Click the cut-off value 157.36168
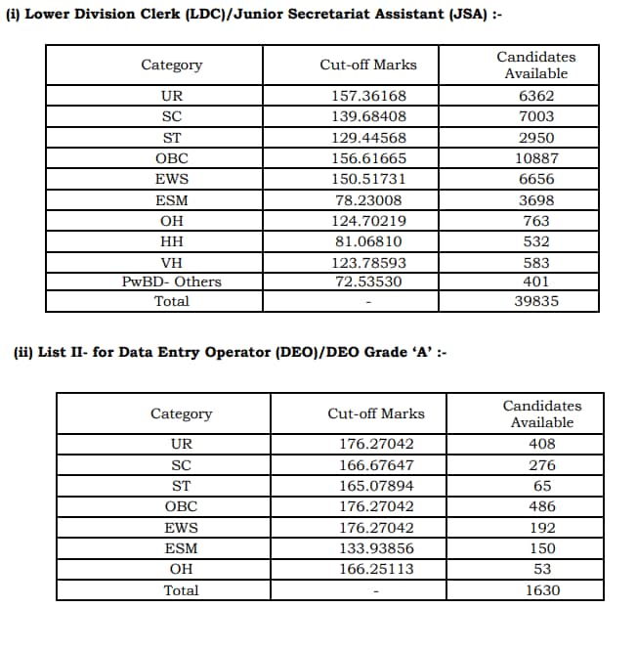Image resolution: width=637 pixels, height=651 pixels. [368, 96]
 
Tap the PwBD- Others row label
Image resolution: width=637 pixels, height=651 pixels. [172, 282]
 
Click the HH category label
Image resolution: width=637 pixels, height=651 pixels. [172, 241]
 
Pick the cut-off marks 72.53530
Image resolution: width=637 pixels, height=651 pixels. [368, 282]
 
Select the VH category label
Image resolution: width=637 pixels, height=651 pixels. [172, 263]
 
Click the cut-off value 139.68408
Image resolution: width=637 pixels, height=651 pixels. [368, 116]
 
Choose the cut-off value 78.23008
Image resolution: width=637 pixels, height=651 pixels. [368, 200]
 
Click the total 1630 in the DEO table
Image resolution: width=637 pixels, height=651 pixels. [542, 590]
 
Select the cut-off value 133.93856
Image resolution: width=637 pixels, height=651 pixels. [376, 548]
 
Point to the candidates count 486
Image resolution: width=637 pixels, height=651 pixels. [542, 506]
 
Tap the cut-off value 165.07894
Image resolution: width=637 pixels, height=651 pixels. [376, 486]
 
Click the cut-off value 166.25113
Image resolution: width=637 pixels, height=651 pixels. [376, 569]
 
